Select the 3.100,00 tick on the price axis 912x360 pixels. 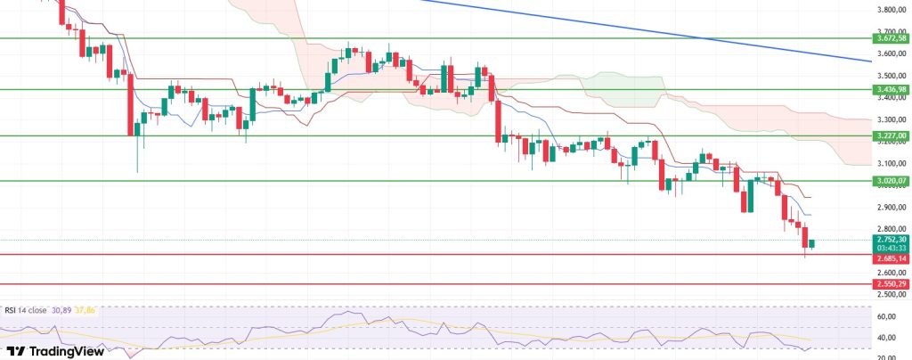coord(890,163)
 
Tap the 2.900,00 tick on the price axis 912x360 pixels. coord(890,208)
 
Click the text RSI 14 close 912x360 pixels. coord(28,309)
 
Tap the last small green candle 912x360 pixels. coord(812,244)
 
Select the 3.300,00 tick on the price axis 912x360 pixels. coord(890,119)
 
